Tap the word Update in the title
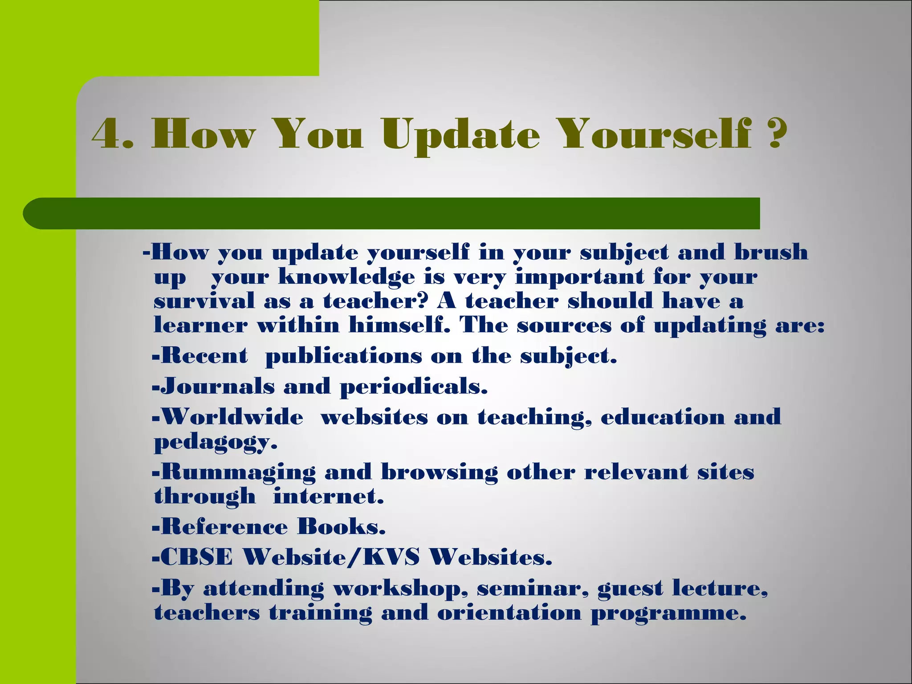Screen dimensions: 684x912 [x=461, y=135]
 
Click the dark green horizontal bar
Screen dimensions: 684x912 [x=392, y=213]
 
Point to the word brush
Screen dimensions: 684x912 [x=771, y=252]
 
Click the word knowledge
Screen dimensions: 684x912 [x=346, y=277]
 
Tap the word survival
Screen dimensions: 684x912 [x=204, y=301]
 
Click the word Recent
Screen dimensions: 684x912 [x=204, y=356]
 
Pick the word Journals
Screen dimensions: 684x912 [x=217, y=386]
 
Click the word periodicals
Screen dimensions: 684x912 [x=414, y=387]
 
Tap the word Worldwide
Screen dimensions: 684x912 [x=232, y=417]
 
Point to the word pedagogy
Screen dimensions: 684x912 [x=215, y=442]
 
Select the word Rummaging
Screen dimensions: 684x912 [x=238, y=472]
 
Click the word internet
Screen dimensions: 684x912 [x=328, y=496]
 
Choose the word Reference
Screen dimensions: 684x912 [x=224, y=527]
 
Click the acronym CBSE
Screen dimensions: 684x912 [x=196, y=557]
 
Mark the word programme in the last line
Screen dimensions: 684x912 [x=668, y=613]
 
